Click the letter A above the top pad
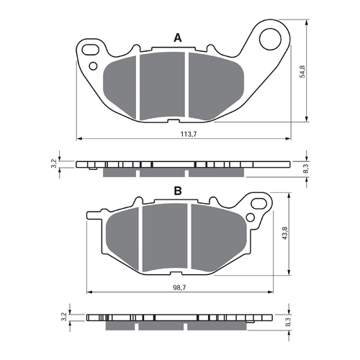tap(176, 37)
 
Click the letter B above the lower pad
tap(176, 192)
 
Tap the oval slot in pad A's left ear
tap(90, 50)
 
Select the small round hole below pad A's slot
tap(94, 66)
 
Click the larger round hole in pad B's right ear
tap(260, 202)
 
